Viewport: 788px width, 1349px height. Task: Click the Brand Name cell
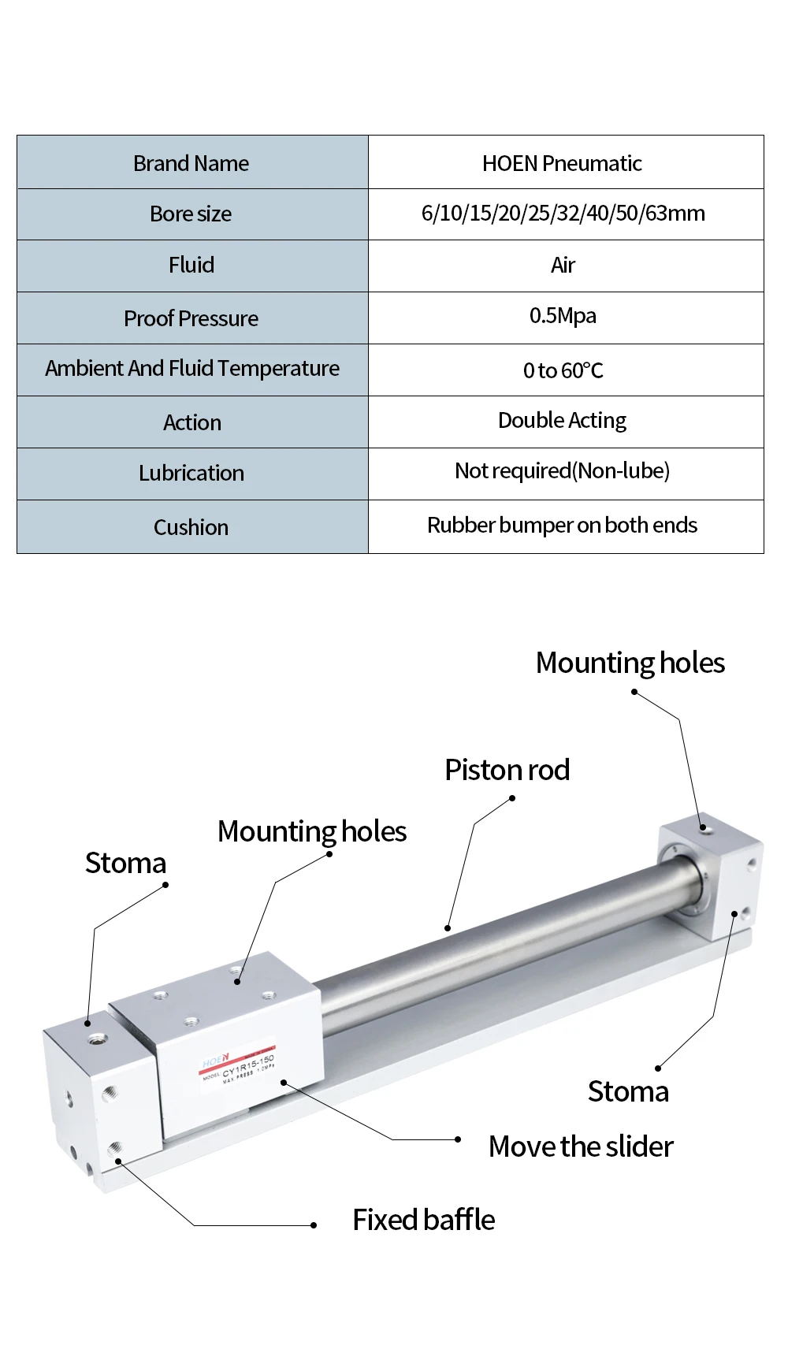[x=191, y=163]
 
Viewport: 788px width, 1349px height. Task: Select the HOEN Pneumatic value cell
[x=562, y=163]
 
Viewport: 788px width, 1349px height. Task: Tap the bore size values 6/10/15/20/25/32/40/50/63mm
[x=563, y=214]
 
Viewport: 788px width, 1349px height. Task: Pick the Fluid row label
[x=191, y=266]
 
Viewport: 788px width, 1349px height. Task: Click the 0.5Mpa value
[x=563, y=316]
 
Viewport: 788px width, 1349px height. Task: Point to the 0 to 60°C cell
[x=563, y=370]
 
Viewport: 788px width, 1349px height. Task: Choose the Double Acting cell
[x=562, y=421]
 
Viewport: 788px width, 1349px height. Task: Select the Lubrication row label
[x=191, y=474]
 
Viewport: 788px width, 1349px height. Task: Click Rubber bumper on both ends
[x=562, y=526]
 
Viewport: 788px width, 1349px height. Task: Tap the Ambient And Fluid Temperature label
[x=192, y=369]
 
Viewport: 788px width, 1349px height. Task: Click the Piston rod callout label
[x=507, y=770]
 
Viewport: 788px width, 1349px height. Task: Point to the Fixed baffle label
[x=423, y=1220]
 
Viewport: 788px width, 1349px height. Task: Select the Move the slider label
[x=581, y=1146]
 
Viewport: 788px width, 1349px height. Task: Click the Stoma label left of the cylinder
[x=125, y=863]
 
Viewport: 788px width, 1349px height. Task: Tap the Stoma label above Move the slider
[x=628, y=1091]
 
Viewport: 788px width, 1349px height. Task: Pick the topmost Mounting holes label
[x=630, y=663]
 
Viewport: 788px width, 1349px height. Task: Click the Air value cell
[x=563, y=266]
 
